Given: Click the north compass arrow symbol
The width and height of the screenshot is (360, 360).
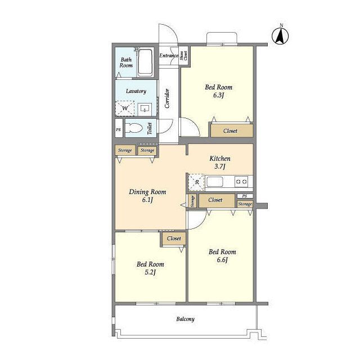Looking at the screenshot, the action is (280, 36).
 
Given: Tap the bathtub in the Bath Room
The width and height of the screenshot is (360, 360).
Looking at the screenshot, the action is (145, 62).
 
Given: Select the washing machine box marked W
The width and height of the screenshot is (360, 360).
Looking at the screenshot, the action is (125, 108).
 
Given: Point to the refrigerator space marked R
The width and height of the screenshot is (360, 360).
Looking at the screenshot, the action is (196, 182).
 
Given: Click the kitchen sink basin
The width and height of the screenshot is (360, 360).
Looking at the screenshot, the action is (215, 182).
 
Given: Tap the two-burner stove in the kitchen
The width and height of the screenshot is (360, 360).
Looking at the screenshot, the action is (241, 182).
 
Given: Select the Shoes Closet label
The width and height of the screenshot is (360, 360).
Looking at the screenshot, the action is (184, 56).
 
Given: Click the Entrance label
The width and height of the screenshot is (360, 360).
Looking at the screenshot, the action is (169, 55).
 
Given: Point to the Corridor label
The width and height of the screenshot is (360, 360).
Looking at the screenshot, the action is (167, 98).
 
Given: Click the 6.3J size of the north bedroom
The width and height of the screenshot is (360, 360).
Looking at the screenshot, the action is (218, 95).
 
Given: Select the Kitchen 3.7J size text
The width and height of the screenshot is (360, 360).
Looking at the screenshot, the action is (220, 166).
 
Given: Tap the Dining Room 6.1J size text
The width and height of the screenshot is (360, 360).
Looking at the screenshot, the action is (147, 200).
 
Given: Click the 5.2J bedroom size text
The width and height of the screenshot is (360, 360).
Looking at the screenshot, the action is (150, 272).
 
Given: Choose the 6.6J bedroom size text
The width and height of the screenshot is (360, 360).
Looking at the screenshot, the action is (222, 260).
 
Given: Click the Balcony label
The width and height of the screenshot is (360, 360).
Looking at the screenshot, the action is (185, 319).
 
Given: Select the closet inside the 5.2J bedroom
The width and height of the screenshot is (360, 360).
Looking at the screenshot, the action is (174, 238).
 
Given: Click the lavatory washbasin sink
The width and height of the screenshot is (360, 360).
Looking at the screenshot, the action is (145, 109).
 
